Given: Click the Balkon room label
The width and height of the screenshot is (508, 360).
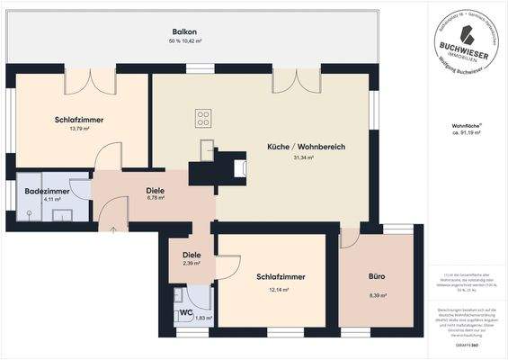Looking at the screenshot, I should pyautogui.click(x=184, y=31).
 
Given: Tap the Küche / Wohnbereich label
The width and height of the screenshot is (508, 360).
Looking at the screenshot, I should pyautogui.click(x=307, y=147).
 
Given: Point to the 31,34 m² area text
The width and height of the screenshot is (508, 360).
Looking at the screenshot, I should pyautogui.click(x=307, y=159).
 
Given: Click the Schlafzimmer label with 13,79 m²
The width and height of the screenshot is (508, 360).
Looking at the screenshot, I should pyautogui.click(x=79, y=119).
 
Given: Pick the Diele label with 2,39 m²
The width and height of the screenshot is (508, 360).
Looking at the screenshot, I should pyautogui.click(x=192, y=255).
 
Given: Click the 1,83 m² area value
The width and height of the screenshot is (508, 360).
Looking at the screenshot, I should pyautogui.click(x=204, y=318).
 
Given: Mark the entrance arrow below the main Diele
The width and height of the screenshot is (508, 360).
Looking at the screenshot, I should pyautogui.click(x=113, y=230).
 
